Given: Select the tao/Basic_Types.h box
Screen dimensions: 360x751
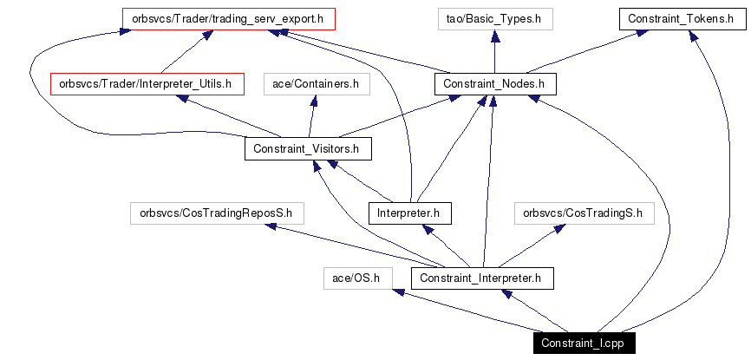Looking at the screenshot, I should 494,18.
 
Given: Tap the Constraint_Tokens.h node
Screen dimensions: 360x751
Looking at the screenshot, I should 681,18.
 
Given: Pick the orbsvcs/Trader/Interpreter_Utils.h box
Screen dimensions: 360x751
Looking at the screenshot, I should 146,84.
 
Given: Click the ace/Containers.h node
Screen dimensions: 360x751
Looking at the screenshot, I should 316,84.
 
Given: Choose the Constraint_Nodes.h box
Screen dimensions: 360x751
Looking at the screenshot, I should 493,84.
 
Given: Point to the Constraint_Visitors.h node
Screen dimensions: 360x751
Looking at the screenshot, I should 307,149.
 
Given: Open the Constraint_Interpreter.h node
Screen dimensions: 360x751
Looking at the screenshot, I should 482,278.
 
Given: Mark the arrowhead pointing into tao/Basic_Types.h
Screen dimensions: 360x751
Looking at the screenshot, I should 494,36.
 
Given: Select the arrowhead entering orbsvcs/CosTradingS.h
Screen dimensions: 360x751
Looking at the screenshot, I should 560,228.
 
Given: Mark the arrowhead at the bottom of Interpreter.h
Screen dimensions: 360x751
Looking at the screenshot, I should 426,229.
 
